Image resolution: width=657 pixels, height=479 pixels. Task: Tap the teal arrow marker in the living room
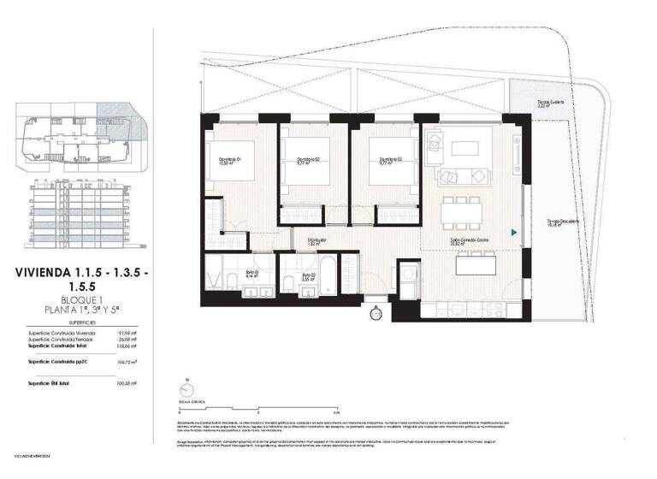pyautogui.click(x=513, y=232)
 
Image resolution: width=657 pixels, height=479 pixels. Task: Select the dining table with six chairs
pyautogui.click(x=467, y=210)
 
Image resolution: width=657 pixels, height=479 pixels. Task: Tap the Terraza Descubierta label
pyautogui.click(x=565, y=222)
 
